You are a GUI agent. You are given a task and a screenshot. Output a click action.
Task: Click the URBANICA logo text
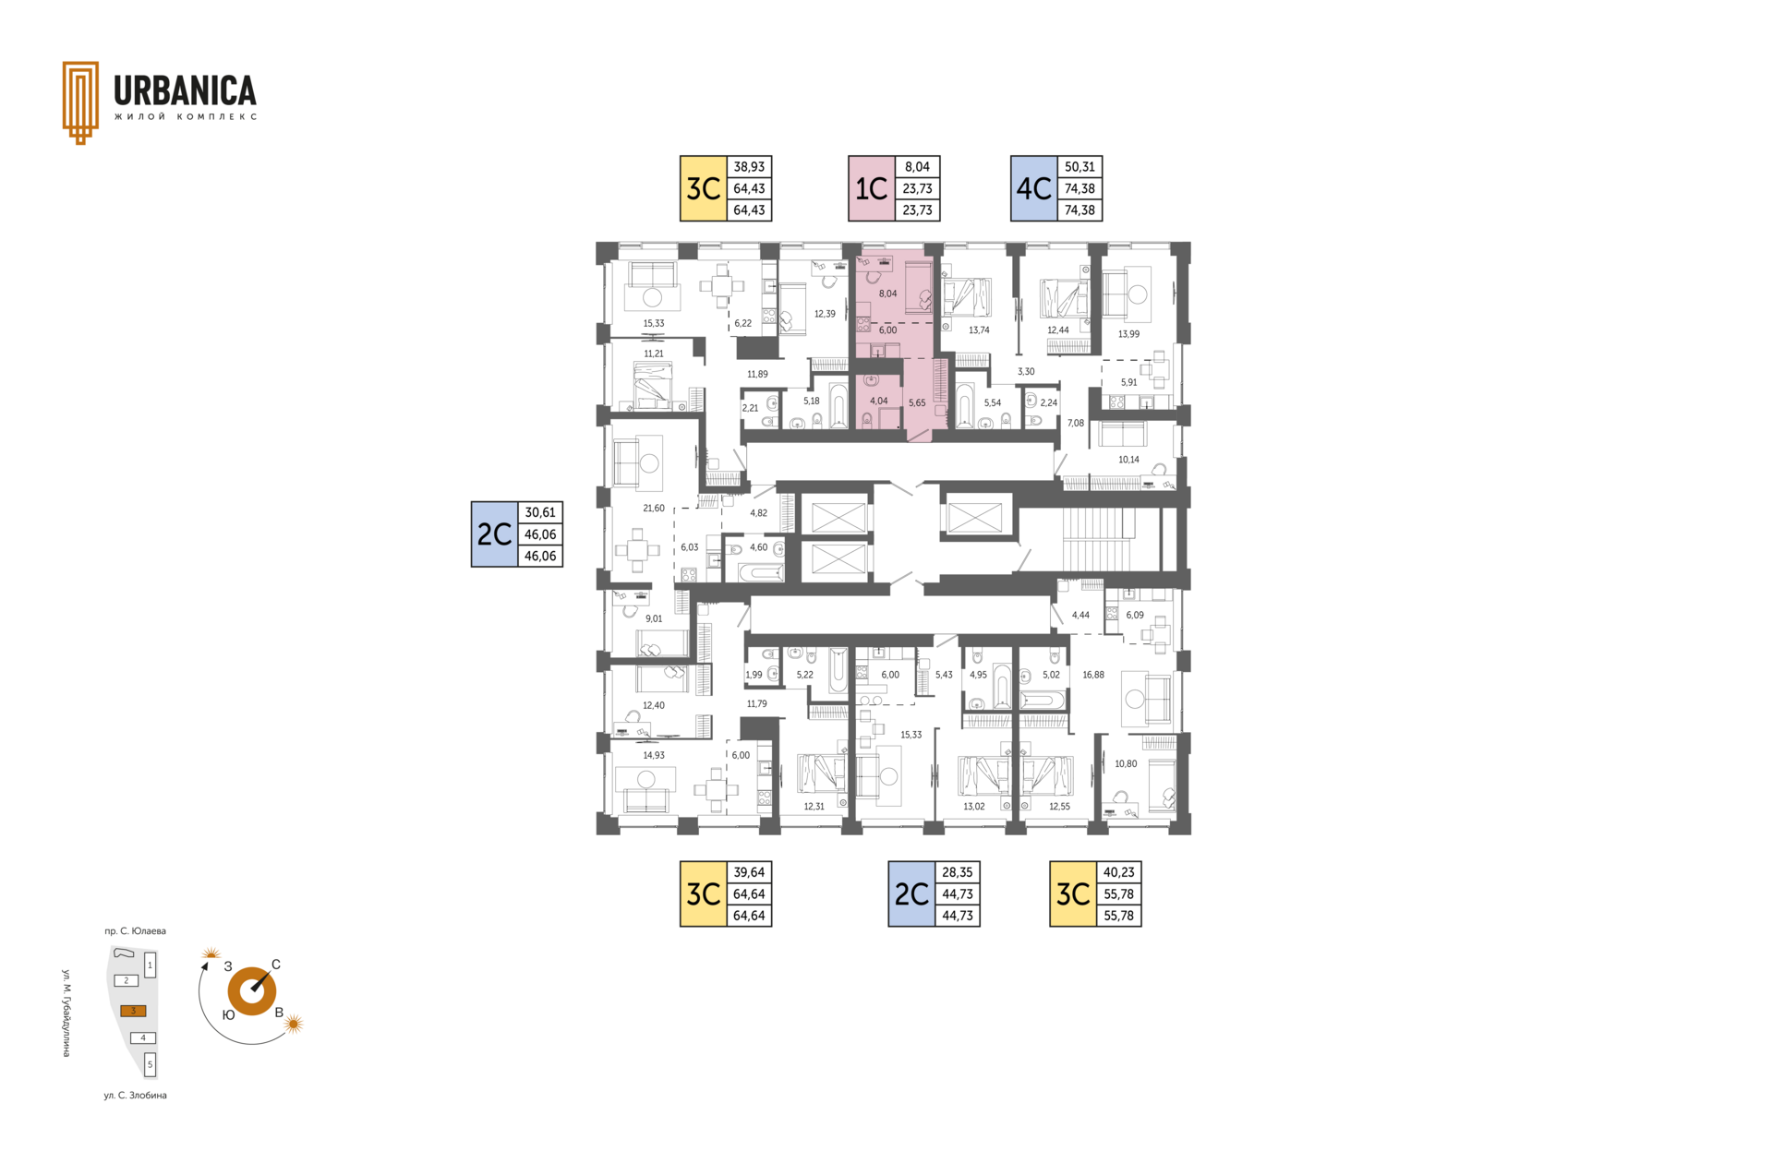[185, 90]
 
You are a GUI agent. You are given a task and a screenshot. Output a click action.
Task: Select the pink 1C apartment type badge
[872, 188]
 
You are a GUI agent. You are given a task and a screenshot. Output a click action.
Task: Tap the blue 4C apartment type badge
[1033, 188]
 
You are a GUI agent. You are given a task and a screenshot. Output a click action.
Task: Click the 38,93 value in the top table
[749, 167]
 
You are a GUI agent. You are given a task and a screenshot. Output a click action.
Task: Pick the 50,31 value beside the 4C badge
[1079, 167]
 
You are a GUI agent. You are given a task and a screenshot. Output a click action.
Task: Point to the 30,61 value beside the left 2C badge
[540, 512]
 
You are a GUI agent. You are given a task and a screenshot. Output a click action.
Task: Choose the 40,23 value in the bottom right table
[1118, 872]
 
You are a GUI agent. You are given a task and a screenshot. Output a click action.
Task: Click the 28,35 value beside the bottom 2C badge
[957, 872]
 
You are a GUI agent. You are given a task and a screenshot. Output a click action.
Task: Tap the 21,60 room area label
[654, 509]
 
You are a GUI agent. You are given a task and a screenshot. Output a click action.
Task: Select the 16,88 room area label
[1093, 675]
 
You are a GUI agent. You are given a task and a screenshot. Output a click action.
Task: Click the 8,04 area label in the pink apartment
[888, 294]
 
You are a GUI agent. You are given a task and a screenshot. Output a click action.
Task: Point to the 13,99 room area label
[1128, 334]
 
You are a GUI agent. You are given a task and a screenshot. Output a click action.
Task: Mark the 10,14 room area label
[1128, 460]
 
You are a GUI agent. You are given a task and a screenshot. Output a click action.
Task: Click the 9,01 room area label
[654, 618]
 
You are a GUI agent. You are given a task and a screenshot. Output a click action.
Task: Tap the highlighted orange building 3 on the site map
[133, 1011]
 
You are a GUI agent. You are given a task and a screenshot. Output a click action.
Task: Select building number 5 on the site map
[151, 1064]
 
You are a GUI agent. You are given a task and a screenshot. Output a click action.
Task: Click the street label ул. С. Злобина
[135, 1096]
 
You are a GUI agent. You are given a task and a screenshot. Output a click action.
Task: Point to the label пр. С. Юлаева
[135, 931]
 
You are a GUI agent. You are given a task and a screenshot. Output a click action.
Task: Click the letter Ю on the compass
[228, 1014]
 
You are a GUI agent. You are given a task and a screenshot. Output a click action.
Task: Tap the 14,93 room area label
[654, 755]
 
